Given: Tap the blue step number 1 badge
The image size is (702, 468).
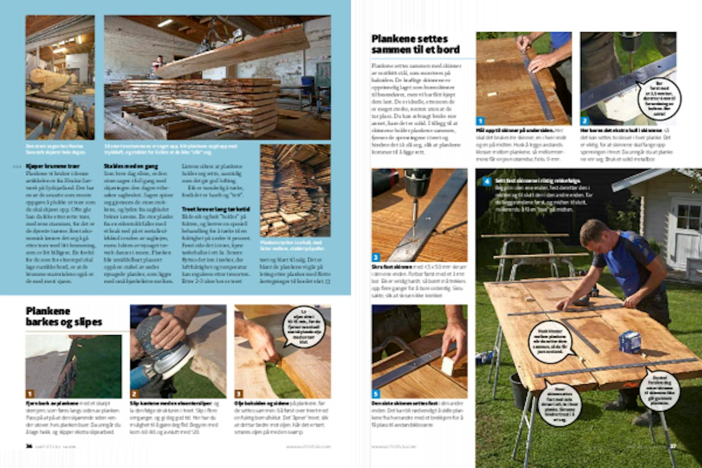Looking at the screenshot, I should pyautogui.click(x=481, y=121).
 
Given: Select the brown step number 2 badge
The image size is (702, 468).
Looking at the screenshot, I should pyautogui.click(x=134, y=394).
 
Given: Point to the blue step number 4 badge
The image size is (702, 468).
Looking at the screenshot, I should pyautogui.click(x=487, y=181).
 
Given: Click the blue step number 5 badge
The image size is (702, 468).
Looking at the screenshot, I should pyautogui.click(x=376, y=394).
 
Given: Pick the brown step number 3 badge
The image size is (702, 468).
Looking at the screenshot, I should pyautogui.click(x=239, y=394).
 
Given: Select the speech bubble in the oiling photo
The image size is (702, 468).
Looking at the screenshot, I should pyautogui.click(x=304, y=326).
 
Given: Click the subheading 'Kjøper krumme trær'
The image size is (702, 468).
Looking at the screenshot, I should pyautogui.click(x=53, y=166).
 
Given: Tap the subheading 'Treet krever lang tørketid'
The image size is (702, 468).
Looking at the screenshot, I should pyautogui.click(x=216, y=209).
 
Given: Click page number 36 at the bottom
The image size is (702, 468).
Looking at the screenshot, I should pyautogui.click(x=29, y=446).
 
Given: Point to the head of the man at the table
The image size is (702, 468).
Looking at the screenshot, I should pyautogui.click(x=595, y=234).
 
